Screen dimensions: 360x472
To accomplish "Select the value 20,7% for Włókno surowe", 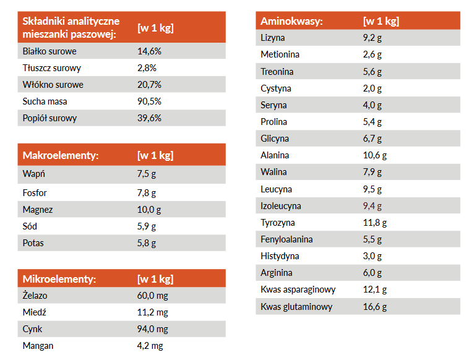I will (x=149, y=85).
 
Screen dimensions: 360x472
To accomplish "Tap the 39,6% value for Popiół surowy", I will (x=149, y=118).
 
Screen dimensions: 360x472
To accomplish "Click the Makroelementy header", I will (x=61, y=155).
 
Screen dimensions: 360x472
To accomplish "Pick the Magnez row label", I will (x=38, y=210).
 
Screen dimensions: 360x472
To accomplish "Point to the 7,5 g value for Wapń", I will (x=147, y=174).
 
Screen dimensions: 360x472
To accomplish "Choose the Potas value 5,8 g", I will (x=147, y=243).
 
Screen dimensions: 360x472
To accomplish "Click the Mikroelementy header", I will (x=59, y=278).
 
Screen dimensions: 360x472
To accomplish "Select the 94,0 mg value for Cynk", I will (x=152, y=329).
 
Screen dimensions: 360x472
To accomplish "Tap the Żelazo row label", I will (x=35, y=296).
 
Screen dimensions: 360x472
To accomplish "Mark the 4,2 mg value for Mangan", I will (x=150, y=346).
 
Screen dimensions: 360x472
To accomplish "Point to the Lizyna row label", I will (x=273, y=38).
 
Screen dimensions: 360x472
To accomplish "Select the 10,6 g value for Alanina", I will (x=375, y=155).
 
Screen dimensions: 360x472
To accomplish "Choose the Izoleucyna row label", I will (x=281, y=206).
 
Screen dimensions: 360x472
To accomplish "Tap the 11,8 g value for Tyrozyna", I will (x=375, y=223).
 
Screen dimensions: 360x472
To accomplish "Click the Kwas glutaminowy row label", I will (x=296, y=307).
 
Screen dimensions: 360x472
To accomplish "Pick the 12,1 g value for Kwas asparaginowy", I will (x=375, y=289).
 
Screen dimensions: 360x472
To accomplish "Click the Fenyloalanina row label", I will (x=286, y=239).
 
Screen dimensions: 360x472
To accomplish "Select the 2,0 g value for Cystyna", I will (x=372, y=88).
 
